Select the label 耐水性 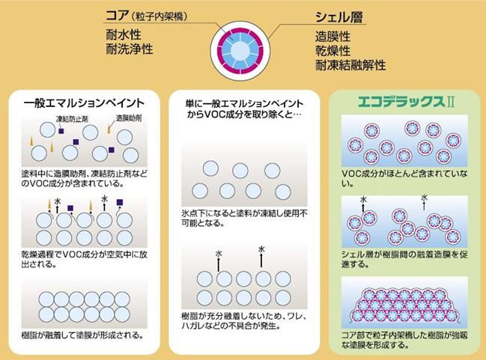click(x=124, y=34)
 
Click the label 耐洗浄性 click(x=130, y=49)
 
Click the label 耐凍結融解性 click(x=350, y=65)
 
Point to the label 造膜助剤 click(x=127, y=118)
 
